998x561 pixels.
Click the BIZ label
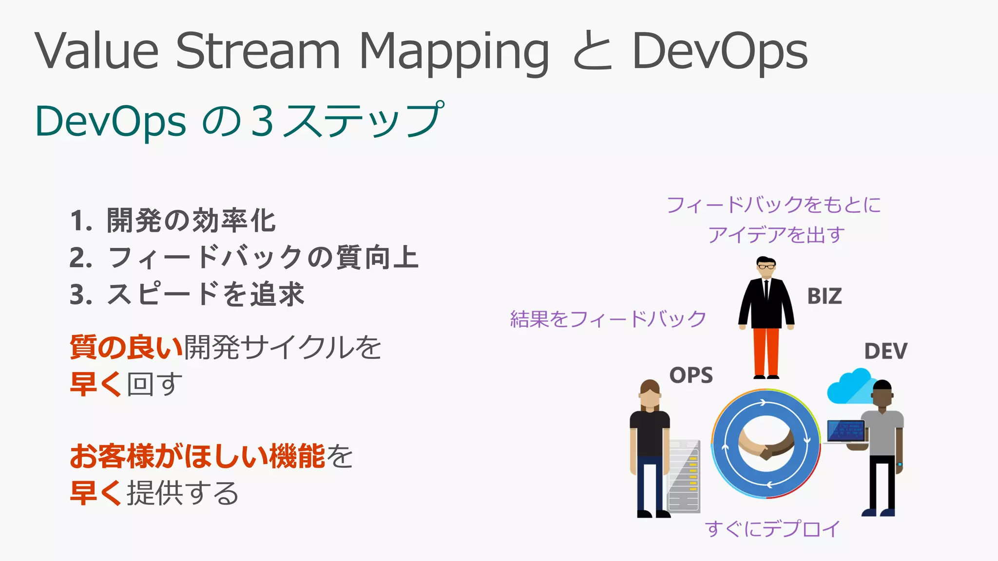click(824, 296)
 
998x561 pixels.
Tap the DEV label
click(885, 351)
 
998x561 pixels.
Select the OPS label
click(691, 375)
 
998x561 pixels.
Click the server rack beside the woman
click(684, 475)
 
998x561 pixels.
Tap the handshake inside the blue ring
click(766, 444)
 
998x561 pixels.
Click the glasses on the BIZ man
click(766, 266)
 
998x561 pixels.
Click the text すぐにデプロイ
click(772, 529)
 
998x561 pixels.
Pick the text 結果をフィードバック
click(608, 319)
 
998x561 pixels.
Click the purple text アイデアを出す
click(776, 235)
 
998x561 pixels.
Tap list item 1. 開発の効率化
click(173, 221)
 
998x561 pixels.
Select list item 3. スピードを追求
click(187, 295)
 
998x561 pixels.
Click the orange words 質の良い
click(126, 347)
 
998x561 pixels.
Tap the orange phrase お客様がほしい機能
click(197, 456)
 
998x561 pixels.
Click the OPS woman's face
click(650, 399)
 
